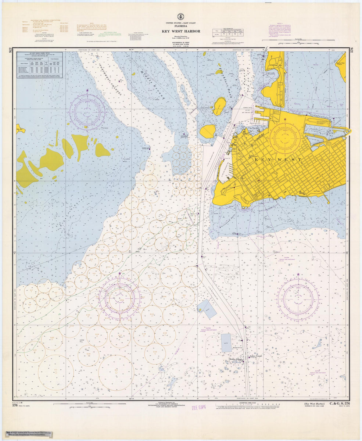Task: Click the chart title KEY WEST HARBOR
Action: point(181,31)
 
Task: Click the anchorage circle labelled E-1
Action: point(55,369)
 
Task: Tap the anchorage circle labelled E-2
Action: point(116,370)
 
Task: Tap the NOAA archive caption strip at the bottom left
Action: point(28,434)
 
